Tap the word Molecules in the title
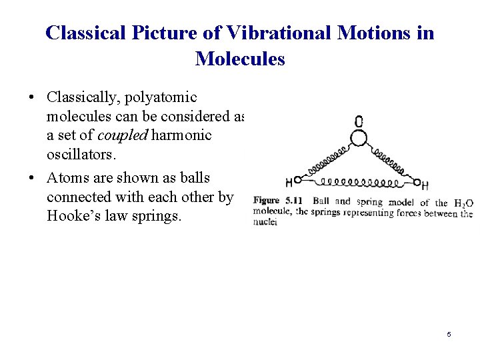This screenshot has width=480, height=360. pyautogui.click(x=240, y=59)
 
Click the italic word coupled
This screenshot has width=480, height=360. pyautogui.click(x=123, y=135)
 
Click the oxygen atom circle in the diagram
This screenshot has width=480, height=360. pyautogui.click(x=359, y=139)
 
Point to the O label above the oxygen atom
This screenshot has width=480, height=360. pyautogui.click(x=359, y=121)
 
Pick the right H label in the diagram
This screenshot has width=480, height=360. pyautogui.click(x=425, y=185)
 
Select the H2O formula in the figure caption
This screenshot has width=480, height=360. pyautogui.click(x=463, y=203)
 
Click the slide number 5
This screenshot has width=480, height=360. pyautogui.click(x=449, y=334)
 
